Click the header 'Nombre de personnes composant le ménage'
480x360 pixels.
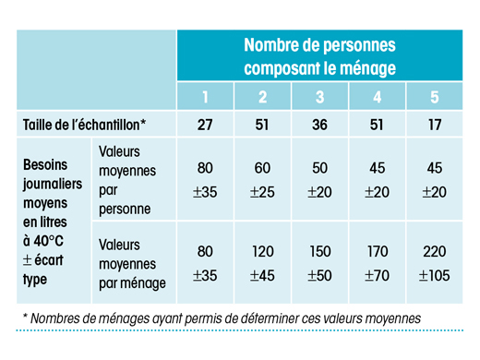[319, 56]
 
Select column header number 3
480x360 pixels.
[319, 97]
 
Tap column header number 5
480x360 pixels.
[435, 97]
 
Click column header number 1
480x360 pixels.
[205, 97]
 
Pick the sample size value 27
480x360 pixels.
[205, 125]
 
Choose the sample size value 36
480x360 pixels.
[319, 125]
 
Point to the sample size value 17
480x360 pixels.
[435, 125]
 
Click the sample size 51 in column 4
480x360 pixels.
[377, 125]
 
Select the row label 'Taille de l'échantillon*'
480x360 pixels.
[84, 125]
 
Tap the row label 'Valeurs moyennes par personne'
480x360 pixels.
[127, 180]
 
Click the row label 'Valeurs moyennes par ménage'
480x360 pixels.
[132, 264]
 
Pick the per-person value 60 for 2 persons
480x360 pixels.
[262, 168]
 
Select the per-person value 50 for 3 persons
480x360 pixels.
[319, 168]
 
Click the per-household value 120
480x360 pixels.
[263, 251]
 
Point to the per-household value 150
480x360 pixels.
[320, 251]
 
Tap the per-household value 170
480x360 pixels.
[378, 251]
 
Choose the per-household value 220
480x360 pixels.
[435, 251]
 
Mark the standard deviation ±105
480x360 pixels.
[434, 275]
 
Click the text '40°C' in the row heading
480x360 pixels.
[48, 241]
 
